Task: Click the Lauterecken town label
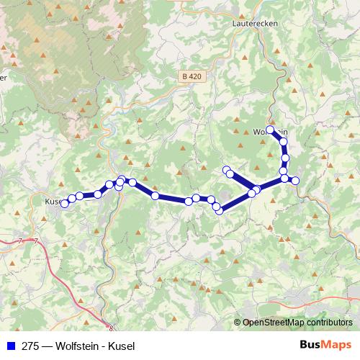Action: (x=256, y=23)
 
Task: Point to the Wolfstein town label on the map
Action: (x=271, y=132)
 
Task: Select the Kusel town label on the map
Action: (x=54, y=202)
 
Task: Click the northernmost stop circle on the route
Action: (x=271, y=130)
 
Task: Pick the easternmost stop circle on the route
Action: (x=295, y=180)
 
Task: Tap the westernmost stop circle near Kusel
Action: (x=64, y=204)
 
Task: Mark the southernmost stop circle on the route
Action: (x=219, y=210)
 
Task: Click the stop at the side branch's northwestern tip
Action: (x=226, y=170)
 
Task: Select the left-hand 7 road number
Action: (x=21, y=240)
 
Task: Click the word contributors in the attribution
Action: (x=328, y=323)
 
